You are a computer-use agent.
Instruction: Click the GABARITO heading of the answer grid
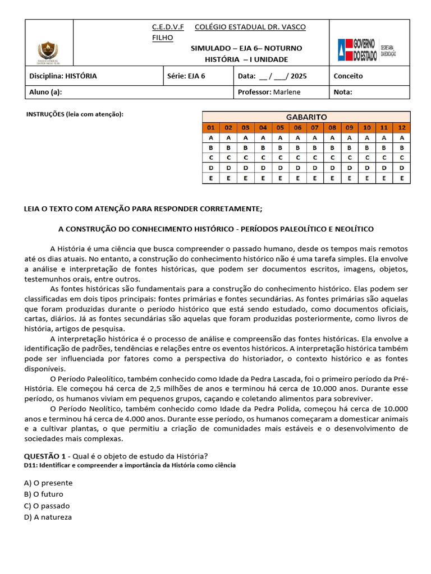[306, 117]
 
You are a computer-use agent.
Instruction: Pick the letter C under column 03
[245, 158]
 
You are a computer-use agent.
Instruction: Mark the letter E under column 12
[401, 178]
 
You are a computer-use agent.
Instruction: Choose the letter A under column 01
[210, 137]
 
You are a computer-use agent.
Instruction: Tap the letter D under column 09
[349, 168]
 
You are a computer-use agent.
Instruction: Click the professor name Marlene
[287, 92]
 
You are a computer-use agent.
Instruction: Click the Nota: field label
[343, 92]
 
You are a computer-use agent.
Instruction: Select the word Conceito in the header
[348, 76]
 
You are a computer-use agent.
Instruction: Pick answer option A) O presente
[48, 483]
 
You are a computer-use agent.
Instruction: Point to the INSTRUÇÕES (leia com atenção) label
[75, 114]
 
